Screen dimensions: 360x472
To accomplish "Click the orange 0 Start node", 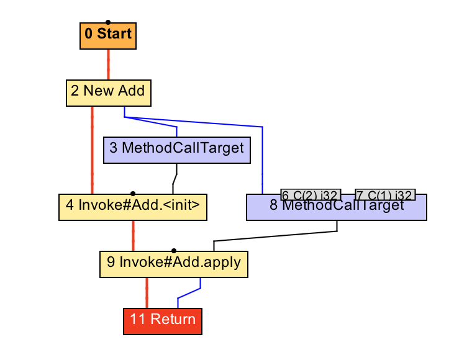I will tap(107, 36).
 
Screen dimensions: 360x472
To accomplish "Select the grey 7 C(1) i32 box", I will tap(384, 195).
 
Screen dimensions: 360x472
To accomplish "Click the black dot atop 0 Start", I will tap(108, 22).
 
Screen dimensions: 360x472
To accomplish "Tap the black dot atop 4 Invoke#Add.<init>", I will tap(133, 194).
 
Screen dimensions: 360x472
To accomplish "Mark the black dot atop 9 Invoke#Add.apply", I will tap(174, 250).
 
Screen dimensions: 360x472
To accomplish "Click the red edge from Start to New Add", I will tap(109, 64).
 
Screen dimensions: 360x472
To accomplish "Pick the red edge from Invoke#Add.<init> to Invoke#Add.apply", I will tap(133, 235).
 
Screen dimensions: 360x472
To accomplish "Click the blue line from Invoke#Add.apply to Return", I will tap(189, 294).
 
